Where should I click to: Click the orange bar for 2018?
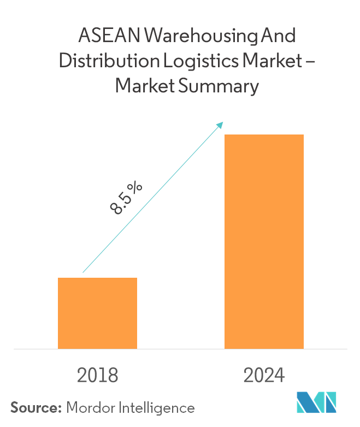tap(97, 313)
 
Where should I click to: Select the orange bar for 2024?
tap(264, 241)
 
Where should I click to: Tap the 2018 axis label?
tap(98, 376)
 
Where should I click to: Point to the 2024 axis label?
tap(264, 376)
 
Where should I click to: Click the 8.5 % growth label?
tap(126, 198)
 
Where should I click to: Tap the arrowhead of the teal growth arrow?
tap(221, 124)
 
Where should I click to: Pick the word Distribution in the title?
tap(98, 61)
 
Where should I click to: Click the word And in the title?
tap(279, 37)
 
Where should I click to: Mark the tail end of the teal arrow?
tap(83, 272)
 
